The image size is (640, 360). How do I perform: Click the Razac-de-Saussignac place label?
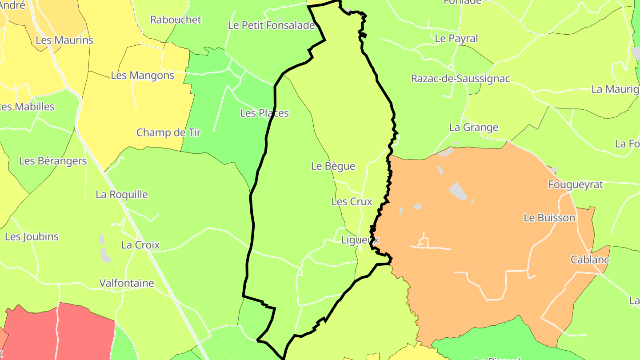(x=460, y=79)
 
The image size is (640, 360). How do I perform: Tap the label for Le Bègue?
(x=333, y=166)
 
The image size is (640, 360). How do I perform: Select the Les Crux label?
(x=352, y=201)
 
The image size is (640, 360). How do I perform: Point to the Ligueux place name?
(x=360, y=240)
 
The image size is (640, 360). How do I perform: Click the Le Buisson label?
(x=549, y=218)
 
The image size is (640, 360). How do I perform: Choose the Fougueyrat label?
(x=576, y=184)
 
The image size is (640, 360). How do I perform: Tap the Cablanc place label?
(x=590, y=260)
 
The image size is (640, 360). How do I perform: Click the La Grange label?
(x=474, y=127)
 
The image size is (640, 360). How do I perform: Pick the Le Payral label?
(x=456, y=38)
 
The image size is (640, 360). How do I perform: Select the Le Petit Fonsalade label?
(x=271, y=25)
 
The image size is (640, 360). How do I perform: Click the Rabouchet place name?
(x=176, y=20)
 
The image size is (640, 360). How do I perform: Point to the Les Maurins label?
(x=64, y=40)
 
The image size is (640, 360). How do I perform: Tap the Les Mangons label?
(x=142, y=75)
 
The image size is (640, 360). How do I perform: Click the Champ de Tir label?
(x=168, y=132)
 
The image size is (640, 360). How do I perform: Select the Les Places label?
(x=264, y=113)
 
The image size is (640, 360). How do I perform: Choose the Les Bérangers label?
(x=53, y=160)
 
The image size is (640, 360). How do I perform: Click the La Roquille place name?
(x=122, y=194)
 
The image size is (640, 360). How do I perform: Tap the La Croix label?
(x=140, y=245)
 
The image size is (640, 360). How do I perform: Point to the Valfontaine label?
(x=126, y=283)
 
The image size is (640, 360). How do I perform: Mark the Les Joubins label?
(x=32, y=236)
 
